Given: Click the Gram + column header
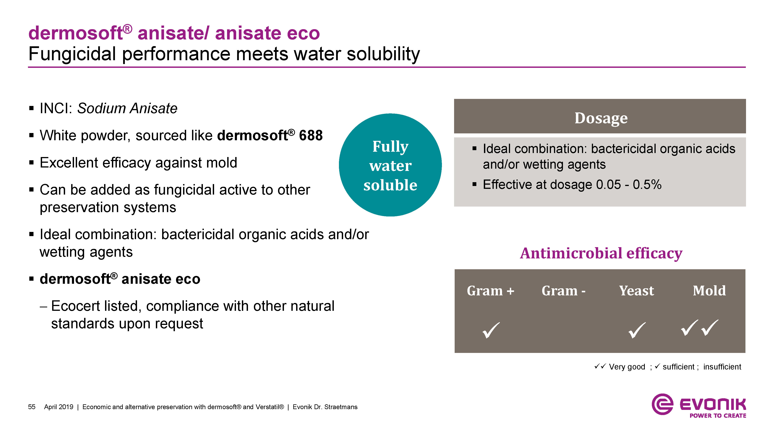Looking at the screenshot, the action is (x=490, y=291).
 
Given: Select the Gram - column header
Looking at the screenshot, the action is (x=563, y=291).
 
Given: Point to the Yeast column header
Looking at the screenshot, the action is (x=636, y=291).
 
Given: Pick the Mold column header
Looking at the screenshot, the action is (x=709, y=291).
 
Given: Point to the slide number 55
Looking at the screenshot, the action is (x=32, y=407).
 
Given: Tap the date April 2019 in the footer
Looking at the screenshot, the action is (x=59, y=407).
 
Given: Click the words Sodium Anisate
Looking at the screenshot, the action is (x=127, y=108).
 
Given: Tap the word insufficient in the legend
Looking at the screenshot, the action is (x=722, y=367).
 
